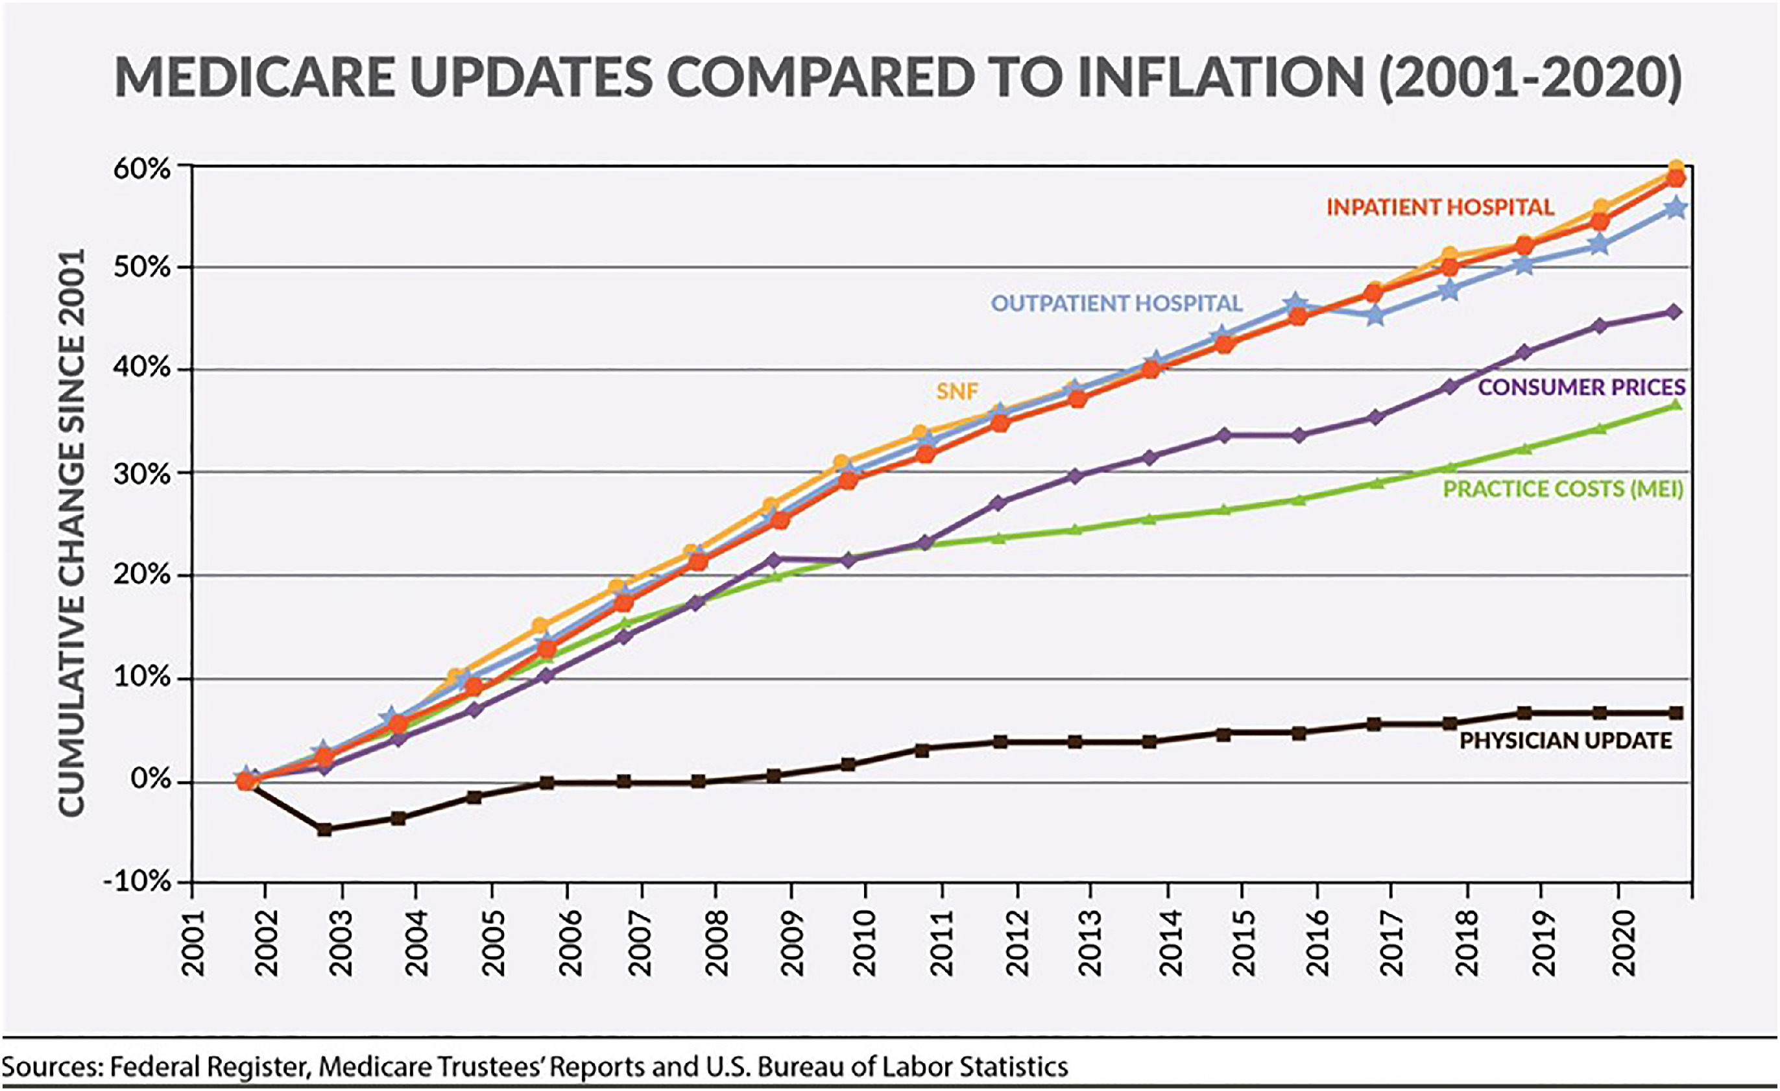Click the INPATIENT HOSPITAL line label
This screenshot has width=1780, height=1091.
pos(1439,208)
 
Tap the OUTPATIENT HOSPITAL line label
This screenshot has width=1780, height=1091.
pos(1116,304)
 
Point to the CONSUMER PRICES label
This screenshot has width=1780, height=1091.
pos(1582,387)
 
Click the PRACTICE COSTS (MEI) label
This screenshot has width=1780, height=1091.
pos(1563,489)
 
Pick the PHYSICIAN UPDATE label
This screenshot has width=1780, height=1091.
pos(1565,741)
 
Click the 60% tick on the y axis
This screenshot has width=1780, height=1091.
pos(142,169)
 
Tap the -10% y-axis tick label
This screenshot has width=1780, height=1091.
pos(138,882)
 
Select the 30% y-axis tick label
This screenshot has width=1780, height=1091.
pos(142,474)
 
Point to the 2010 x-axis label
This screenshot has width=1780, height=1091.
pos(864,942)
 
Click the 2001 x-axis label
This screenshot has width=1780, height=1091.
pos(193,942)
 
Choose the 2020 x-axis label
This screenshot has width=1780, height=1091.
pos(1622,942)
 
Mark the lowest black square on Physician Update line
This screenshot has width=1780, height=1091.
pos(324,830)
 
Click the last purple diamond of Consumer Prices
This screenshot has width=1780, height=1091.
pos(1673,312)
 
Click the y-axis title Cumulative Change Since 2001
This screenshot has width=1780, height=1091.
pos(72,533)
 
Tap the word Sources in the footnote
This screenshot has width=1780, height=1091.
pos(52,1067)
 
